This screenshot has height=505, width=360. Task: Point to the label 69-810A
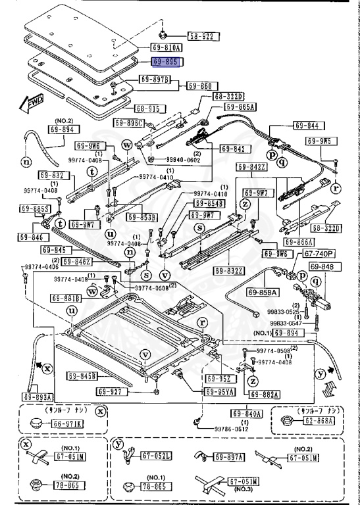[167, 47]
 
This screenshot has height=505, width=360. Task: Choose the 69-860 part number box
[201, 85]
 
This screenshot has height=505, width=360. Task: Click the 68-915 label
[150, 108]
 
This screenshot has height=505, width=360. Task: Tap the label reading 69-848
[322, 266]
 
